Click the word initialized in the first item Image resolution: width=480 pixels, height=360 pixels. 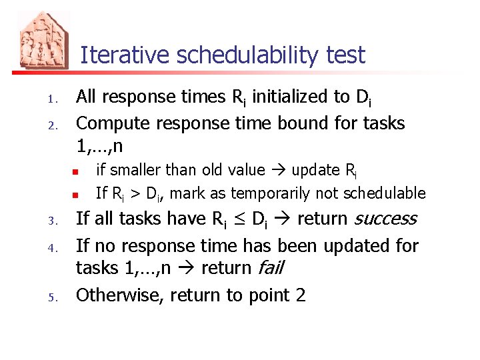click(x=285, y=97)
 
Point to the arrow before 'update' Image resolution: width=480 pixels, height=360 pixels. click(x=279, y=171)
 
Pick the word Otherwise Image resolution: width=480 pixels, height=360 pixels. click(x=119, y=295)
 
